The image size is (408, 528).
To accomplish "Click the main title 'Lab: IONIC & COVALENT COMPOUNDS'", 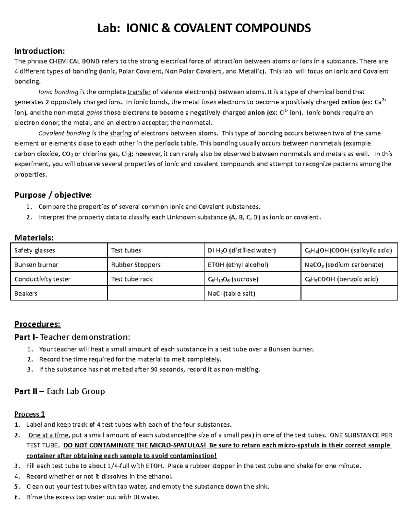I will tap(204, 28).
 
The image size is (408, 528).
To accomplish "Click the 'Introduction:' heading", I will tap(39, 51).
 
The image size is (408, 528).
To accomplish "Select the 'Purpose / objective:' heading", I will tap(53, 195).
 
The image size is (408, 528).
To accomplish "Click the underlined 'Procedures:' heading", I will tap(37, 324).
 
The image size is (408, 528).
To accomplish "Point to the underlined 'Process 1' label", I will tap(30, 414).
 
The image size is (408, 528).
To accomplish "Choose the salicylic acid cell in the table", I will tap(348, 251).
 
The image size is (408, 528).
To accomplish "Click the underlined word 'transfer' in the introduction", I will tap(139, 92).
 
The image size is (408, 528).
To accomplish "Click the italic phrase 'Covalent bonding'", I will tap(64, 133).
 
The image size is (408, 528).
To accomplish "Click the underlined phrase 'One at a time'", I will tap(49, 435).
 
